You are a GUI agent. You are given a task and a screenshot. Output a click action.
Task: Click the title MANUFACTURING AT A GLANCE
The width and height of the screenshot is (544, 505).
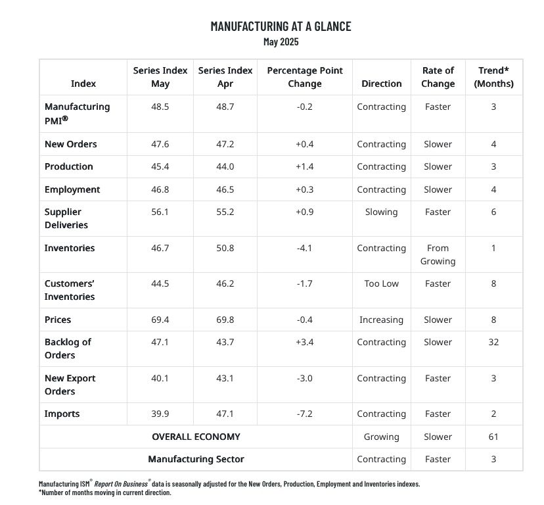pyautogui.click(x=281, y=26)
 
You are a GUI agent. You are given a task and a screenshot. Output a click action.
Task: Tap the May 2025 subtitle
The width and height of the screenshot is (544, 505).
pyautogui.click(x=281, y=41)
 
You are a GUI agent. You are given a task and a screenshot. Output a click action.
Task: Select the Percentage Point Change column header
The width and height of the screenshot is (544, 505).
pyautogui.click(x=304, y=77)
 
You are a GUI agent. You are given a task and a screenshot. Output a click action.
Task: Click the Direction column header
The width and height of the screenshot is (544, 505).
pyautogui.click(x=381, y=84)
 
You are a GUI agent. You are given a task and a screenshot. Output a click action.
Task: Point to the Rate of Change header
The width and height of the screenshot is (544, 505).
pyautogui.click(x=438, y=77)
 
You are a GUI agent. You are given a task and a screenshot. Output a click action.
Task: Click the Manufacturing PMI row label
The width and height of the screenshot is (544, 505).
pyautogui.click(x=77, y=112)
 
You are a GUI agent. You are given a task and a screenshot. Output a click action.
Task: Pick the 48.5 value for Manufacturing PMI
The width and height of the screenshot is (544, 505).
pyautogui.click(x=160, y=107)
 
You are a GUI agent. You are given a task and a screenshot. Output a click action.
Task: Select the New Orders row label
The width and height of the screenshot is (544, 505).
pyautogui.click(x=70, y=144)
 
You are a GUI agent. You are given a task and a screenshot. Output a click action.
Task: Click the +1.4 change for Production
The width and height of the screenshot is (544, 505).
pyautogui.click(x=304, y=166)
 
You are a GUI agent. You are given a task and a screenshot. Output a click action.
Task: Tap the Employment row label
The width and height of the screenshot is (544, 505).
pyautogui.click(x=72, y=189)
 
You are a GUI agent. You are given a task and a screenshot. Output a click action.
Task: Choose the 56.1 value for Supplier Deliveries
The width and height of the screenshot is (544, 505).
pyautogui.click(x=160, y=212)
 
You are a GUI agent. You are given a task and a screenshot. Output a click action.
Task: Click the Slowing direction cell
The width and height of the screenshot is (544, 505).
pyautogui.click(x=381, y=212)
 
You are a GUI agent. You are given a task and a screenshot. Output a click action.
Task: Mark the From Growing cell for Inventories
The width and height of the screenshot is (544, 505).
pyautogui.click(x=438, y=254)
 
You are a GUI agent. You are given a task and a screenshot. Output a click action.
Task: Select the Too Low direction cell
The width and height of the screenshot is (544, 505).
pyautogui.click(x=381, y=283)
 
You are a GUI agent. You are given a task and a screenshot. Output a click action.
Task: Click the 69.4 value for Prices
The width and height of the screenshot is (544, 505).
pyautogui.click(x=160, y=320)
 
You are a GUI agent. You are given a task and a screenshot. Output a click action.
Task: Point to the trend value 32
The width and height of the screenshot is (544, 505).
pyautogui.click(x=493, y=342)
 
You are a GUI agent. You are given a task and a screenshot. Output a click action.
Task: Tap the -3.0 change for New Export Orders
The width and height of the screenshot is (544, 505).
pyautogui.click(x=304, y=378)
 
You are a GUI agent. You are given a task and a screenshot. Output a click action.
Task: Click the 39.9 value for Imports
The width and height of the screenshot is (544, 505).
pyautogui.click(x=160, y=414)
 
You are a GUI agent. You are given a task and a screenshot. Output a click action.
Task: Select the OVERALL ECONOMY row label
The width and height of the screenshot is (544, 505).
pyautogui.click(x=196, y=437)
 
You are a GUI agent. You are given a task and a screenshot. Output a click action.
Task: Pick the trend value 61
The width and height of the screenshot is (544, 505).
pyautogui.click(x=493, y=437)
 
